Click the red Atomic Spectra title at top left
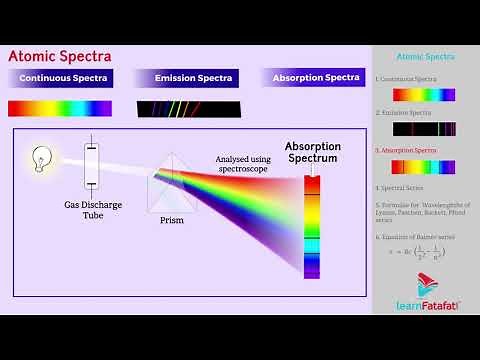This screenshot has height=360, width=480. click(x=60, y=57)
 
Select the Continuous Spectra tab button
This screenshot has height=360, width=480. click(x=59, y=78)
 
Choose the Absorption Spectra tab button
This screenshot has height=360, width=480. click(x=316, y=78)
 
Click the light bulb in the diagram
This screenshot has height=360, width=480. click(x=41, y=158)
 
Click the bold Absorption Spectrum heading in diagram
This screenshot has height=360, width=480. click(x=312, y=152)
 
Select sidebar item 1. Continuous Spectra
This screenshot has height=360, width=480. click(x=406, y=78)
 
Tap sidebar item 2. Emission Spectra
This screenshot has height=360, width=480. click(x=404, y=114)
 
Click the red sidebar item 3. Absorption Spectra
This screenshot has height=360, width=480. click(x=406, y=150)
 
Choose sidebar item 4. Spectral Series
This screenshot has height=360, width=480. click(x=401, y=187)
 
